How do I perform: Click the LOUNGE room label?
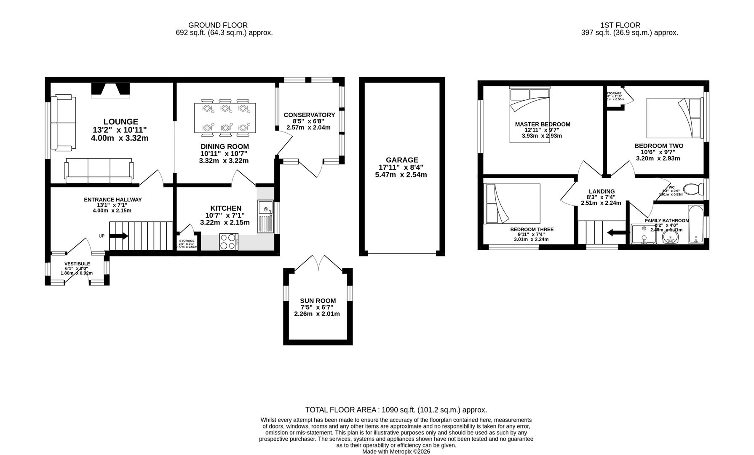tap(120, 122)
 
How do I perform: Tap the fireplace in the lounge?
tap(111, 90)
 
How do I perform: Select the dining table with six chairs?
tap(225, 118)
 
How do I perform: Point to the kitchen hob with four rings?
tap(229, 242)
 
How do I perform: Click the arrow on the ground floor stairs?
tap(119, 236)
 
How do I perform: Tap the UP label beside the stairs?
tap(102, 236)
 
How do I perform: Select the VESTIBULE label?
tap(77, 264)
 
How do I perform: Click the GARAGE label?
tap(402, 160)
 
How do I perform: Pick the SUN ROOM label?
tap(318, 301)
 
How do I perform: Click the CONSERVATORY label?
tap(309, 115)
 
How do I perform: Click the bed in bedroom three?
tap(513, 203)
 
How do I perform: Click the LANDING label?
tap(602, 191)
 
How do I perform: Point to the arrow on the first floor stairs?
tap(615, 232)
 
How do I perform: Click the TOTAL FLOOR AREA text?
tap(396, 409)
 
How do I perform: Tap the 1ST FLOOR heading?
tap(620, 25)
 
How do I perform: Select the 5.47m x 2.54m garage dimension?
tap(401, 175)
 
